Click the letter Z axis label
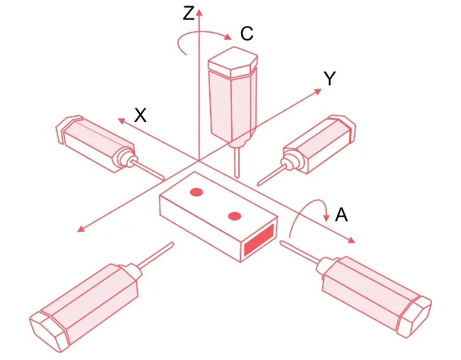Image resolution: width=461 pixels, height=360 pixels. pyautogui.click(x=189, y=13)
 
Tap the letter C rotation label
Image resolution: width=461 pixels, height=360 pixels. pyautogui.click(x=247, y=33)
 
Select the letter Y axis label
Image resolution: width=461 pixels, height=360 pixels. pyautogui.click(x=330, y=79)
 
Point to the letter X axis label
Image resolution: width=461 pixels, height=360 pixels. pyautogui.click(x=140, y=115)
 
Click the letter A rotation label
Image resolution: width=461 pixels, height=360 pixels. pyautogui.click(x=341, y=215)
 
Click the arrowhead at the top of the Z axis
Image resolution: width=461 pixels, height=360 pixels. pyautogui.click(x=199, y=12)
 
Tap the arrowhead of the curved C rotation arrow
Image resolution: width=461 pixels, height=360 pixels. pyautogui.click(x=228, y=37)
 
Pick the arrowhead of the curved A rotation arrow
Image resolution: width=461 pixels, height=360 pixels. pyautogui.click(x=326, y=218)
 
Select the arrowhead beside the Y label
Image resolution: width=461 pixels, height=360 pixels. pyautogui.click(x=318, y=91)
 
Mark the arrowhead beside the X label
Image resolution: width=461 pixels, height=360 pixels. pyautogui.click(x=121, y=120)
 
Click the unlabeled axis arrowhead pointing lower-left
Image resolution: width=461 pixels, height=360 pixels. pyautogui.click(x=81, y=228)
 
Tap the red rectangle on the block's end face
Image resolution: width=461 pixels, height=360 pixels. pyautogui.click(x=259, y=239)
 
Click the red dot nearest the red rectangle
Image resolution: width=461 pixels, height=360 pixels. pyautogui.click(x=235, y=216)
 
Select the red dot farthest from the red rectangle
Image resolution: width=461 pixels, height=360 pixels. pyautogui.click(x=196, y=192)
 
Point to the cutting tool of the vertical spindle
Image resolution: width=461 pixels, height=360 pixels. pyautogui.click(x=238, y=162)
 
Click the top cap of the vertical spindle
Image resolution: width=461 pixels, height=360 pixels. pyautogui.click(x=233, y=62)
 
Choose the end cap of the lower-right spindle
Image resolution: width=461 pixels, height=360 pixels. pyautogui.click(x=415, y=316)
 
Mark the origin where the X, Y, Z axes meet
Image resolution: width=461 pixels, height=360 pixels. pyautogui.click(x=199, y=161)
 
